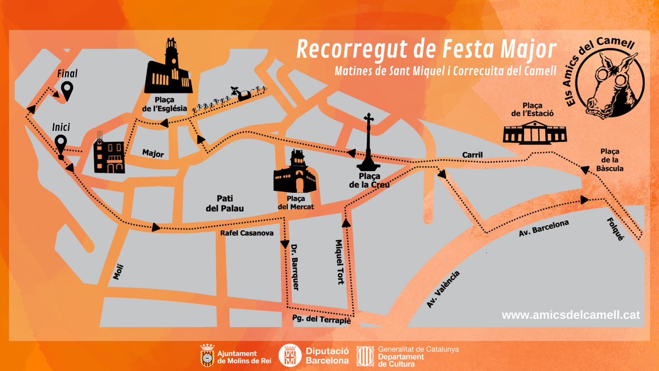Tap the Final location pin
(67, 90)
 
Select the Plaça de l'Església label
(164, 105)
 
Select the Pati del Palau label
(221, 202)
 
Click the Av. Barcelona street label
(544, 230)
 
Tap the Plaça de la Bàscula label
(612, 160)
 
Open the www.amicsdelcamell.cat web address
(571, 315)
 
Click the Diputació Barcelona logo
(314, 356)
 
